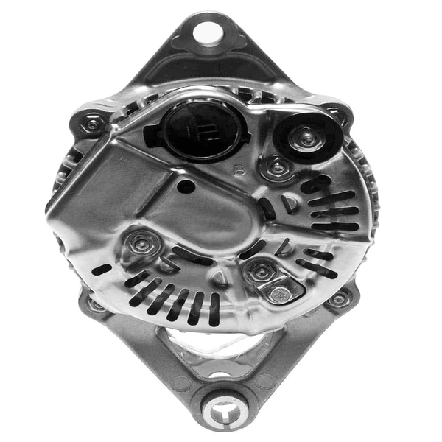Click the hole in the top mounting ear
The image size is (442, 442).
pyautogui.click(x=207, y=31)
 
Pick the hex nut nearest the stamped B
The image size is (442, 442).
pyautogui.click(x=276, y=169)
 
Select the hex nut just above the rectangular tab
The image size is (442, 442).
pyautogui.click(x=261, y=273)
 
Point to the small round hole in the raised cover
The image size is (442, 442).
pyautogui.click(x=186, y=187)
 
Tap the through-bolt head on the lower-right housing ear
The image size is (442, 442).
pyautogui.click(x=338, y=298)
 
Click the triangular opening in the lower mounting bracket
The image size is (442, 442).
pyautogui.click(x=221, y=343)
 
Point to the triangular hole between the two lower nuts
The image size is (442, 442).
pyautogui.click(x=219, y=277)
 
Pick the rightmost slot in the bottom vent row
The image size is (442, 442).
pyautogui.click(x=214, y=308)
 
